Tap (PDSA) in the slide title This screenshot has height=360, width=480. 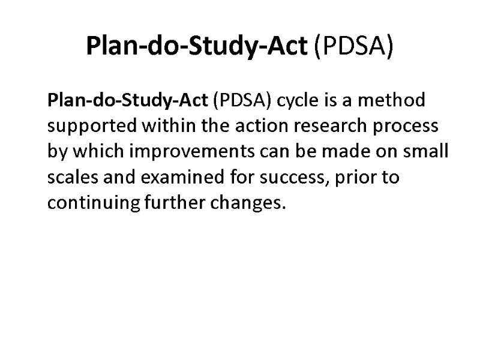[353, 46]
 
